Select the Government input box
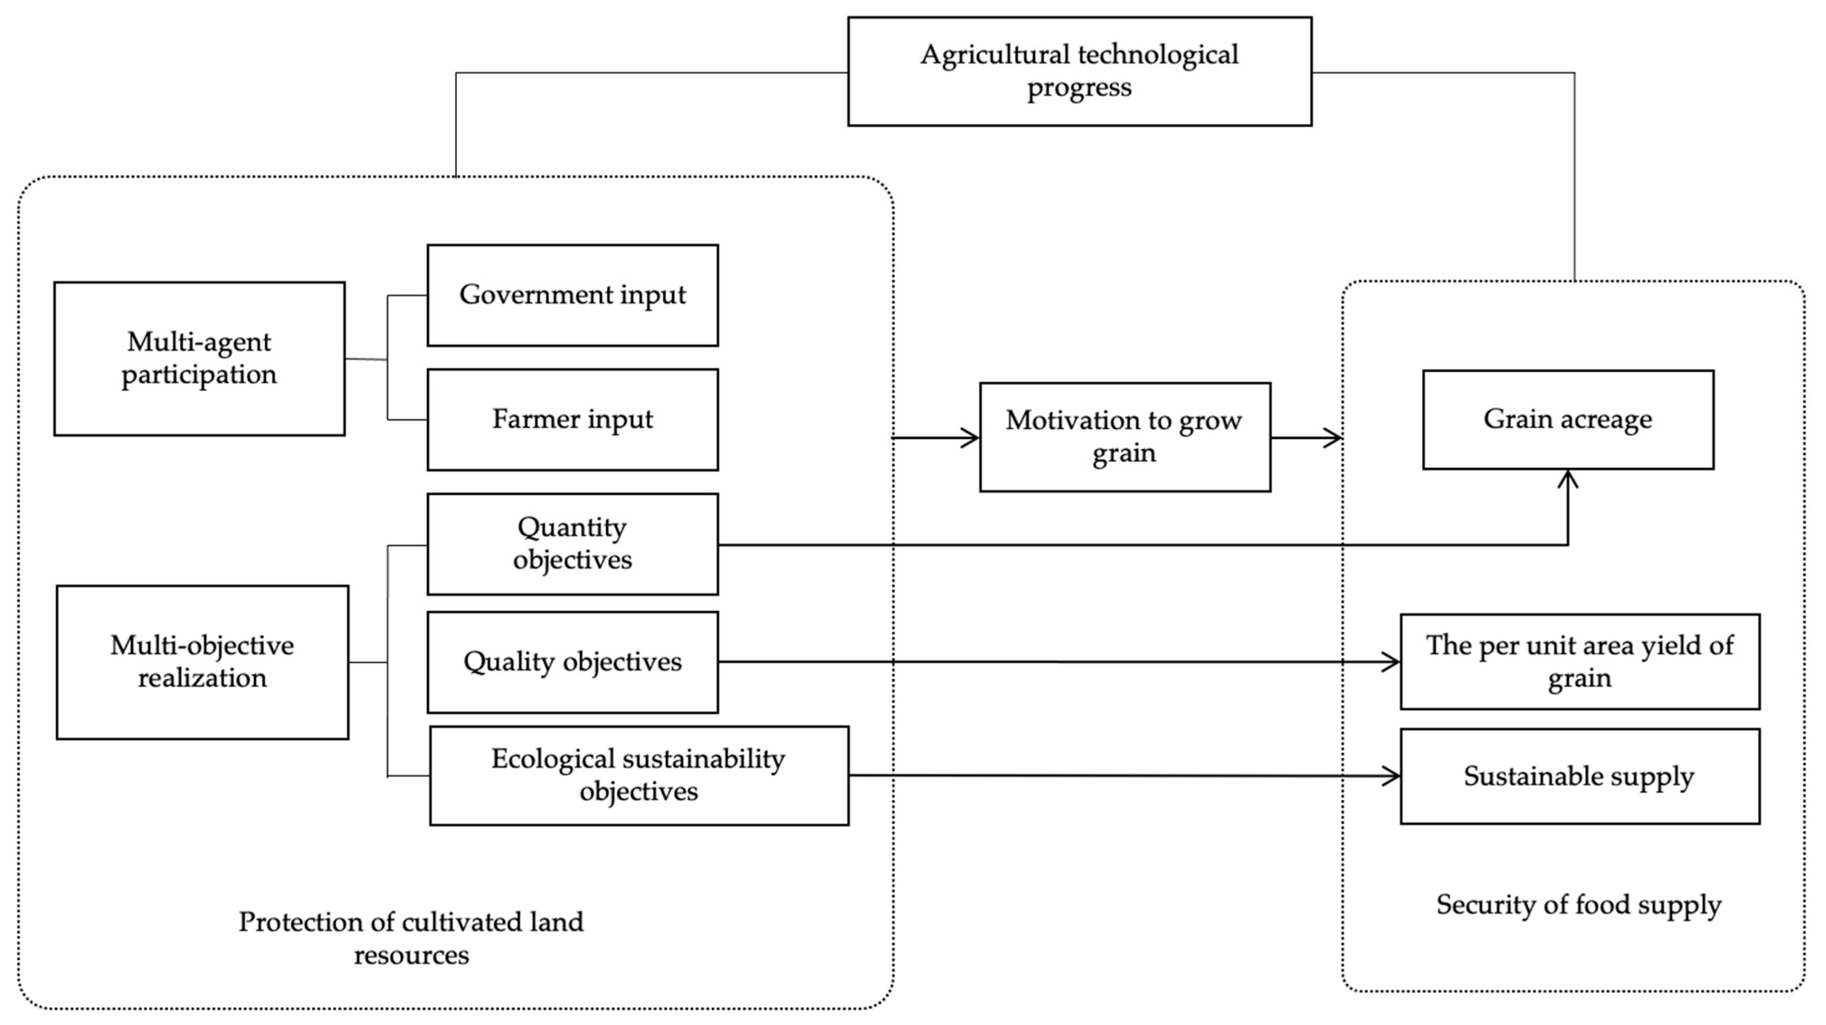point(572,295)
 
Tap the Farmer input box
point(572,419)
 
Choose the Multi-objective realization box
point(202,662)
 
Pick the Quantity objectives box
point(572,544)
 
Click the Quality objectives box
point(572,662)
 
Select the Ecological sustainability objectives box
point(639,775)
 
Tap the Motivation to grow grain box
point(1124,437)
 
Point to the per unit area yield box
point(1579,662)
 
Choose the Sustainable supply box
point(1579,776)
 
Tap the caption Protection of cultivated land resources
point(411,938)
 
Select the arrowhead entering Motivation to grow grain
point(971,438)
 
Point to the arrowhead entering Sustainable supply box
point(1392,776)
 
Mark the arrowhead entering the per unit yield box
point(1392,662)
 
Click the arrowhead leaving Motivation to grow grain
point(1333,438)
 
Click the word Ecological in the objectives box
point(553,759)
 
